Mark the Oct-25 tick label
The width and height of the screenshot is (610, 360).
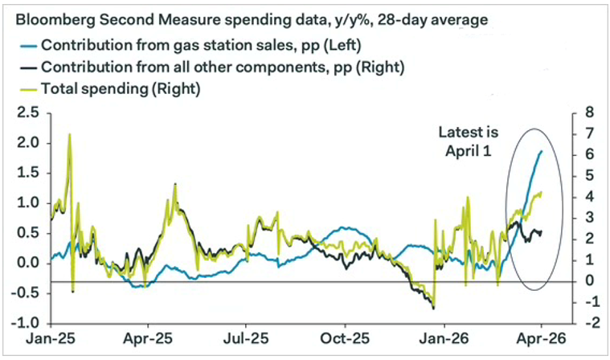pos(344,342)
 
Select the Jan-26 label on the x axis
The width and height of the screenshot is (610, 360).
pos(444,342)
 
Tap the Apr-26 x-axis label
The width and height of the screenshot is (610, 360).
pos(540,342)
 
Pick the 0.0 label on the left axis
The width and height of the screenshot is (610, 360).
pos(26,263)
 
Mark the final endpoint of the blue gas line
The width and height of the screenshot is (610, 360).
pos(541,150)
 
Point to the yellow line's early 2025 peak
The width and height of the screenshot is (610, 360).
pos(69,135)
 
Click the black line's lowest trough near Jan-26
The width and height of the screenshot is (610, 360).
pos(433,308)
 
